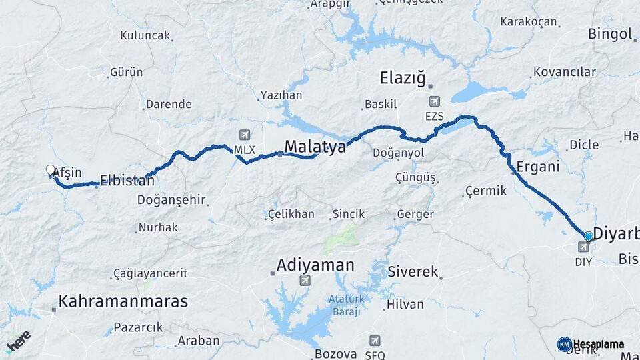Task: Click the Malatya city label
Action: click(315, 147)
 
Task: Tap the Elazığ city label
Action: click(402, 77)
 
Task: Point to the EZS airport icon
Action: click(435, 101)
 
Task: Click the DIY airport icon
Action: click(583, 247)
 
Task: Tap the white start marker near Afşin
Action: click(50, 170)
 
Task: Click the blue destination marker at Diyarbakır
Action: click(588, 236)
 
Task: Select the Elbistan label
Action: click(127, 179)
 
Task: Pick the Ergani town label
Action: click(538, 167)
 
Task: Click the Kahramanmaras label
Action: click(123, 301)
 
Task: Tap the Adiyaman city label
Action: click(316, 265)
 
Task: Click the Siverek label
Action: click(413, 272)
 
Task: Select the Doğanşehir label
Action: click(171, 199)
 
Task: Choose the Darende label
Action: click(169, 104)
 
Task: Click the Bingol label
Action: click(610, 34)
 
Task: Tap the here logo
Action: click(18, 341)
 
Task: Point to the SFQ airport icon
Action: click(375, 341)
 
